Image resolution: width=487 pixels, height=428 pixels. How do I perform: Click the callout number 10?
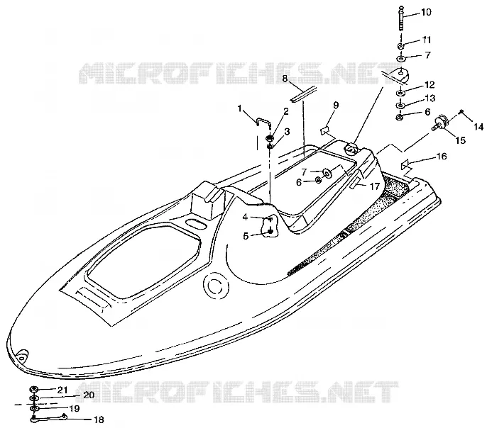426,12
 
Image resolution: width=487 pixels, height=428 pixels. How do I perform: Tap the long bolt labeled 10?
401,18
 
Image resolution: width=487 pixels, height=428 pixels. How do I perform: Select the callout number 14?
478,126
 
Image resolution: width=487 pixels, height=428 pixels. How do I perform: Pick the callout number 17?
375,186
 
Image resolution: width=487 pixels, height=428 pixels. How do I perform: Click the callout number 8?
285,79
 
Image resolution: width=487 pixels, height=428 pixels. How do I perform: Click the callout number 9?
336,105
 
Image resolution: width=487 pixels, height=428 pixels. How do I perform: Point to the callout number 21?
62,390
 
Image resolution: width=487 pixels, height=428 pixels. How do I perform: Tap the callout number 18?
99,420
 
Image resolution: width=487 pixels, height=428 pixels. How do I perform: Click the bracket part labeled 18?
49,418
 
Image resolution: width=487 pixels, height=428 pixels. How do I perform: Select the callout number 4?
245,218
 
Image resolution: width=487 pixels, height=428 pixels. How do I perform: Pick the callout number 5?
246,237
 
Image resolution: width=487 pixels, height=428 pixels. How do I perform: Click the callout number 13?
430,98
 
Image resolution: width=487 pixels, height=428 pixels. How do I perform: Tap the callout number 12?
429,84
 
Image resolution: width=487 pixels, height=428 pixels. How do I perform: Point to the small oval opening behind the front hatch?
196,223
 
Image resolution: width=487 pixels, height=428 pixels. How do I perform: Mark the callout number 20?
89,395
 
